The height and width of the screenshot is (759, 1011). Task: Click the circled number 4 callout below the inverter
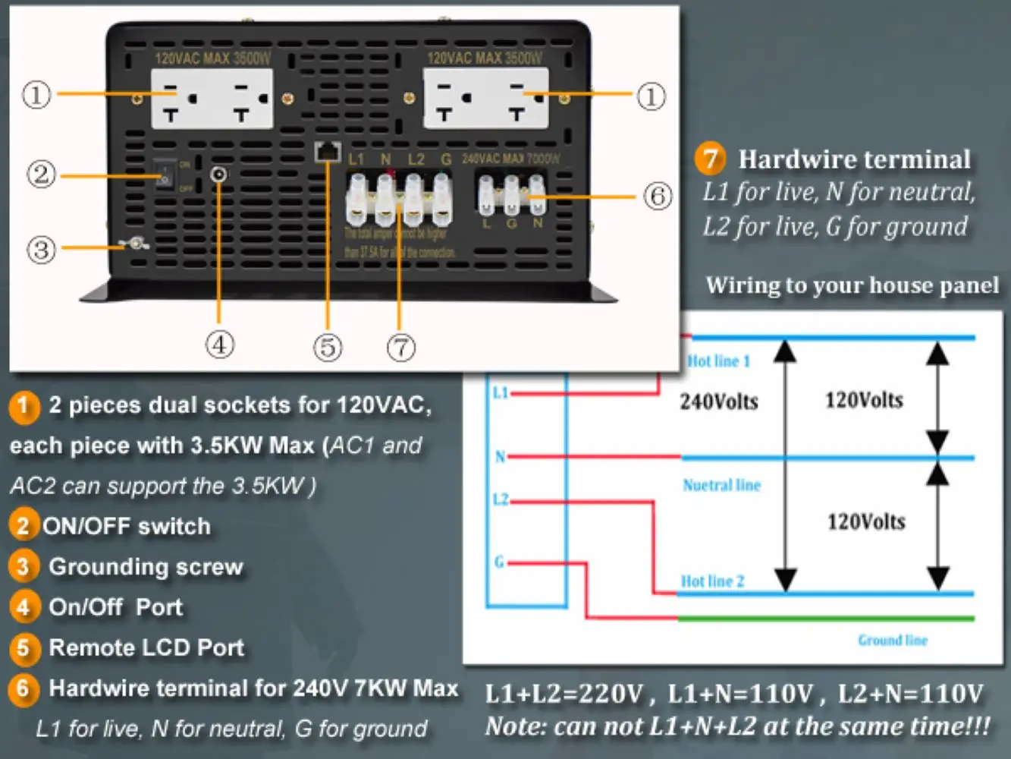pos(220,345)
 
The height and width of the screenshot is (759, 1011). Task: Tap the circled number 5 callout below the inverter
pos(328,348)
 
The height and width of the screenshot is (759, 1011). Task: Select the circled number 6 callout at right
pos(658,196)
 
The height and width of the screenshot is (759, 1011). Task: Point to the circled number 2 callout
pos(41,175)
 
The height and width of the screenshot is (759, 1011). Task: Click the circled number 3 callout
pos(41,249)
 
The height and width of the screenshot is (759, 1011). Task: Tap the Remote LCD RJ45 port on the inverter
pos(328,151)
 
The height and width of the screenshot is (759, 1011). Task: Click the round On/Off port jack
pos(218,175)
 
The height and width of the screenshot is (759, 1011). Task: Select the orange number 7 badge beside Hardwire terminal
pos(710,158)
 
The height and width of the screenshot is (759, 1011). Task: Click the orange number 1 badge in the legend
pos(24,406)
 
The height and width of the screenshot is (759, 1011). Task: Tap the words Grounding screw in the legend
pos(146,567)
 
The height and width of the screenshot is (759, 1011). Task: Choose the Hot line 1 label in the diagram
pos(718,361)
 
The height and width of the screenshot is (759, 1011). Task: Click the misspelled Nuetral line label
pos(721,485)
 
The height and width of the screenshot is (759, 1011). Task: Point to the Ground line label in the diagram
pos(893,641)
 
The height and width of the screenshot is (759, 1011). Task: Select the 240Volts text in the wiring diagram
pos(718,402)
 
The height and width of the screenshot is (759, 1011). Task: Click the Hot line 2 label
pos(712,581)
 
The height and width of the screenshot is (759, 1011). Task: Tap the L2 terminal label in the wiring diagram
pos(500,499)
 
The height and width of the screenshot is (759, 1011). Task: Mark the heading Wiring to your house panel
pos(852,285)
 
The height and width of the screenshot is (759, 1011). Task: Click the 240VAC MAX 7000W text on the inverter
pos(510,159)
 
